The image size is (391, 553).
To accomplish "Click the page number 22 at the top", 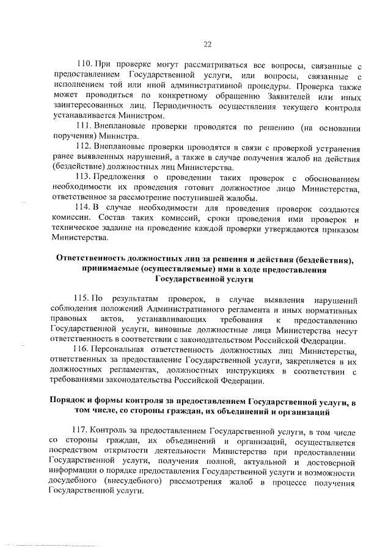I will pos(206,43).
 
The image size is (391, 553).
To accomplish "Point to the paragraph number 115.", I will pos(82,298).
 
